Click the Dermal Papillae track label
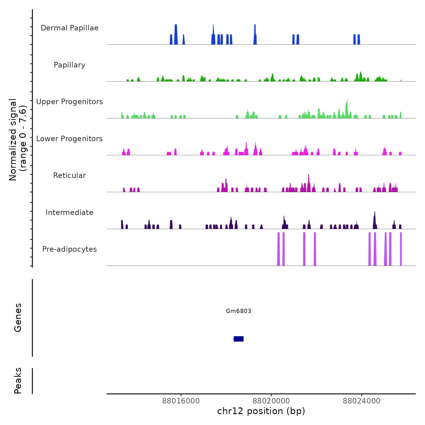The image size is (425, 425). point(70,28)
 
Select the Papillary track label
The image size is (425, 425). point(70,65)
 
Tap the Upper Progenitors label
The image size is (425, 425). point(70,102)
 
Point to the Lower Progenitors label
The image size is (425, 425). point(70,139)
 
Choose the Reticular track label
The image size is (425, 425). point(70,175)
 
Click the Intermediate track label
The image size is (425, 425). point(70,212)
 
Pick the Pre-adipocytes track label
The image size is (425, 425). point(70,249)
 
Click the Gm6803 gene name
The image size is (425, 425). point(239,311)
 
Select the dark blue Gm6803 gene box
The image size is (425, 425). point(239,339)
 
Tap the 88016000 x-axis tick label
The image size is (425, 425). point(181,401)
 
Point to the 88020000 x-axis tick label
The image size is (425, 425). point(271,401)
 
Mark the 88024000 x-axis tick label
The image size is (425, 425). point(362,401)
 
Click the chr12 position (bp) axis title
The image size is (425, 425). point(261,411)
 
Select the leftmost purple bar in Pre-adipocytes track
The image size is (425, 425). point(278,249)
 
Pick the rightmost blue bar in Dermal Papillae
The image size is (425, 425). point(359,39)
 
